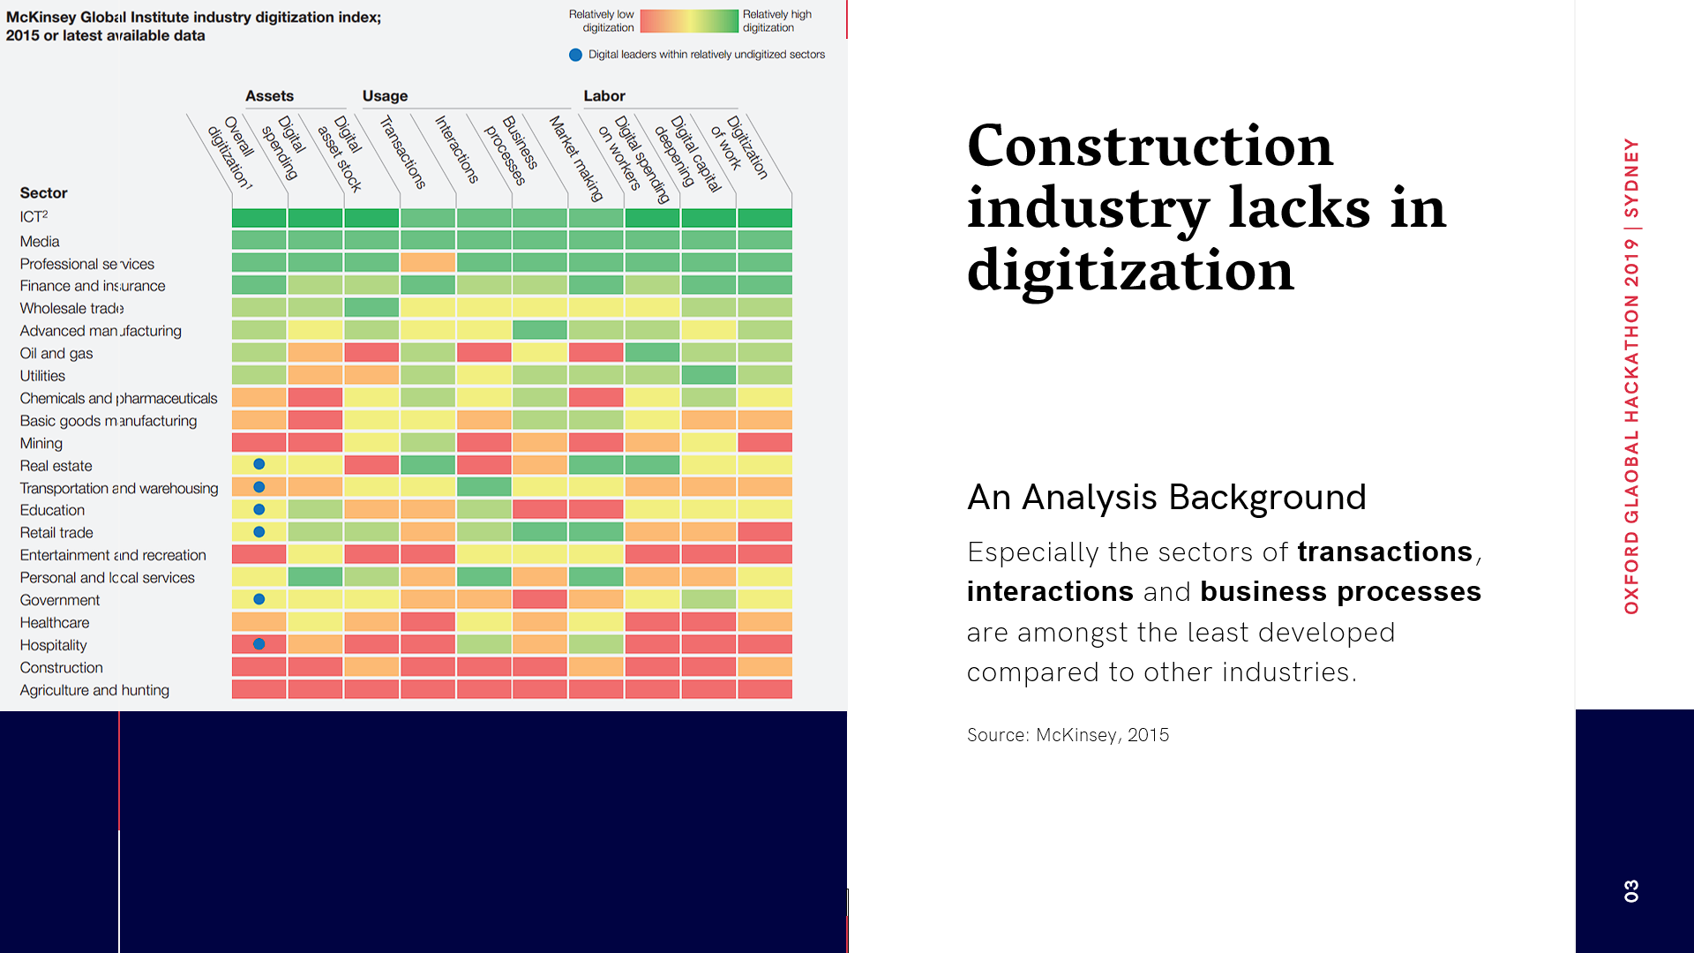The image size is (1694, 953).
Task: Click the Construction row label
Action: (61, 668)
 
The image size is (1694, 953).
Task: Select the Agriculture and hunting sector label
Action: (94, 690)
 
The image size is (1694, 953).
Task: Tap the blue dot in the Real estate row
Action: (259, 464)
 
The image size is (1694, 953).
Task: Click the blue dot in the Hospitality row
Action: (259, 644)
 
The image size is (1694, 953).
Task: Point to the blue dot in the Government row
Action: (259, 599)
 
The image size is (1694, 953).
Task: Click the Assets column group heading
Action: (269, 96)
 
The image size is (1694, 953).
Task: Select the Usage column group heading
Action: (385, 96)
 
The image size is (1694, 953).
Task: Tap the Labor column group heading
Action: (603, 96)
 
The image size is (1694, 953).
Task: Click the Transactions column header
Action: (403, 153)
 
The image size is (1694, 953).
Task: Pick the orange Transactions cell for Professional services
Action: (428, 262)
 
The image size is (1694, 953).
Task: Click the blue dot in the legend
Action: (575, 55)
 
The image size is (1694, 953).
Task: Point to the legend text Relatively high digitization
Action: (776, 21)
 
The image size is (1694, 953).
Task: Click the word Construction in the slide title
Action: (1149, 146)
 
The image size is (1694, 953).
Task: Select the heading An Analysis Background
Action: (1166, 498)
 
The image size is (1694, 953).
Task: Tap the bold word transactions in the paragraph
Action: (1384, 552)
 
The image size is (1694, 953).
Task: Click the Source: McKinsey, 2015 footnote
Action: (1068, 735)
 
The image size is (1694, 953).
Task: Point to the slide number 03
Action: (1630, 890)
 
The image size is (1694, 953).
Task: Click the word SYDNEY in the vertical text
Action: (1630, 178)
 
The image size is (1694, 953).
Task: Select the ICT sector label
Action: (34, 217)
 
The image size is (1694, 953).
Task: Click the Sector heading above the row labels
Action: (43, 193)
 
